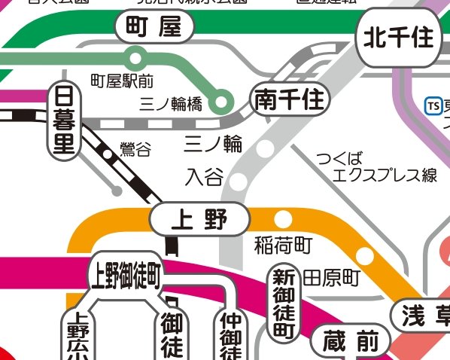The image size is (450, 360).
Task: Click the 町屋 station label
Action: (155, 29)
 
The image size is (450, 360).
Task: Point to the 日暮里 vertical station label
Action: (65, 121)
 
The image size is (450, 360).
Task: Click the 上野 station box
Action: (199, 219)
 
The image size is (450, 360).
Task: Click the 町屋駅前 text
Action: (122, 79)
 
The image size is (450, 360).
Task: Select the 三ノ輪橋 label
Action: (171, 105)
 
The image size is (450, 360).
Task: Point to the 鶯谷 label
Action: (135, 149)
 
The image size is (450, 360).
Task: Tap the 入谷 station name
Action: (204, 178)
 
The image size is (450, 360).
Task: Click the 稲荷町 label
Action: (283, 245)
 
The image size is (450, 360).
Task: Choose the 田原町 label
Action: (332, 277)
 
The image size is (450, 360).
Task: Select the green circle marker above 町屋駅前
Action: (135, 56)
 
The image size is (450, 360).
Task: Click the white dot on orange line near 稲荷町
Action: (283, 219)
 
